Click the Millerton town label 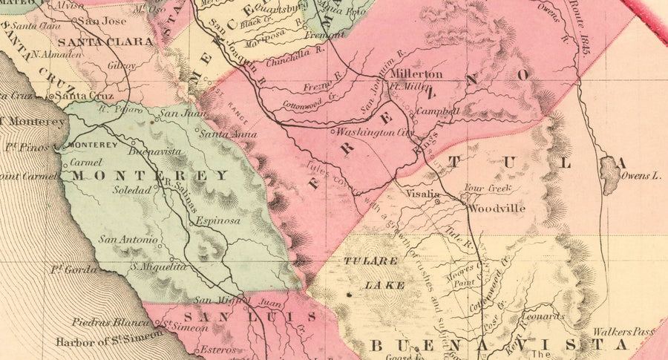(416, 74)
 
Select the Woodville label (496, 209)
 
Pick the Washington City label (374, 132)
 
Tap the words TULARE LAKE (373, 272)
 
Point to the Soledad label (131, 190)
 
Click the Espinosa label (218, 221)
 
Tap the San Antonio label (128, 239)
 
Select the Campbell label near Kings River (439, 111)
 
